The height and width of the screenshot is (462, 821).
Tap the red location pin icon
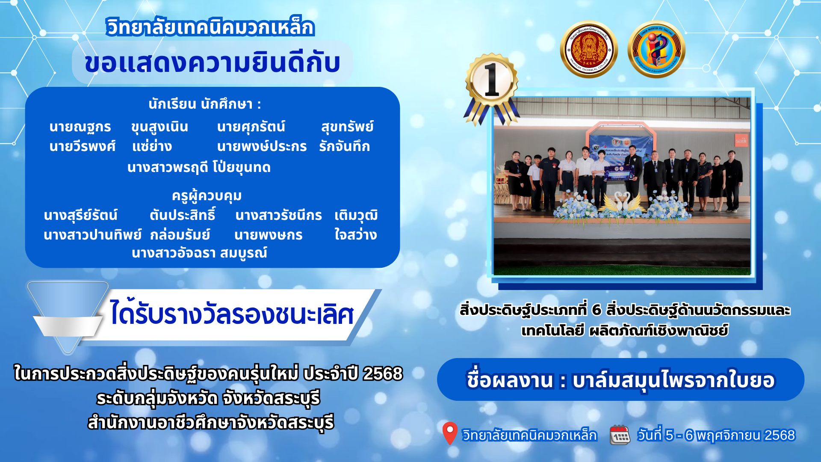click(449, 433)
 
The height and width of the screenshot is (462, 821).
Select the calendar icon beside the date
click(620, 435)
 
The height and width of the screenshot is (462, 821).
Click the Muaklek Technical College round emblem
click(589, 50)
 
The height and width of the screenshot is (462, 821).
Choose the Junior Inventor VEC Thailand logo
click(656, 50)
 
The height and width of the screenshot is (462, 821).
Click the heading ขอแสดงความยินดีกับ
click(213, 63)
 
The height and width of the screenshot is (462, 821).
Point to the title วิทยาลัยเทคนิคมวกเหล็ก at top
click(210, 27)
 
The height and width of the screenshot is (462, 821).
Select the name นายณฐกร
click(80, 127)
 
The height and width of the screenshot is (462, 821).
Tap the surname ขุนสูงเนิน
click(159, 127)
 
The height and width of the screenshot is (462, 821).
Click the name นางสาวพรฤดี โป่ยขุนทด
click(199, 167)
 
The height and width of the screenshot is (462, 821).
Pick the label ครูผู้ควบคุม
click(207, 195)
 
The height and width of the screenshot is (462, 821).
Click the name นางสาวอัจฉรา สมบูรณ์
click(199, 253)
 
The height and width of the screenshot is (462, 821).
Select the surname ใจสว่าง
click(355, 234)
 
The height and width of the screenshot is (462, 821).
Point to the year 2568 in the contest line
click(383, 373)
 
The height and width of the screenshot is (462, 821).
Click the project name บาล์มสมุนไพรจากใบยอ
click(673, 380)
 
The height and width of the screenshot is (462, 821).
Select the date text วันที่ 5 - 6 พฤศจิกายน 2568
click(716, 435)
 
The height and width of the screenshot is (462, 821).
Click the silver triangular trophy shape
click(68, 317)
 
